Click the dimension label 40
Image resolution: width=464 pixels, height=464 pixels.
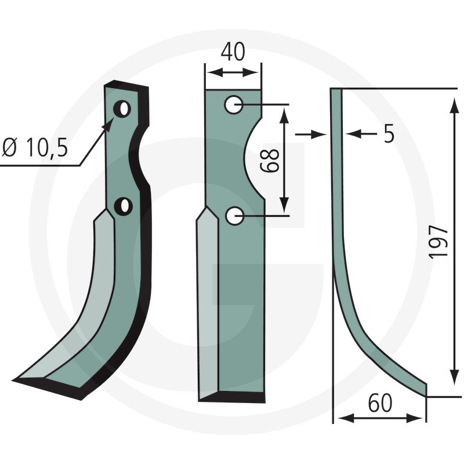coord(233,52)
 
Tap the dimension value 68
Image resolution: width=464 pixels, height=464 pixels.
coord(270,160)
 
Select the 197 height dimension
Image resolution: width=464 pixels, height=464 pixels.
coord(438,242)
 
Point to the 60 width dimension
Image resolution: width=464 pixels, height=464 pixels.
coord(380,403)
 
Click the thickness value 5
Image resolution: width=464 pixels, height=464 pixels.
coord(389,133)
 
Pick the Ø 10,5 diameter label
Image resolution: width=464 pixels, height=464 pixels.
coord(35,147)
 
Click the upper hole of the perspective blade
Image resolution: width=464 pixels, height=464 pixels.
coord(122,109)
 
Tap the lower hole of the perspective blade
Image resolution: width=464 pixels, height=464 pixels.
coord(124,206)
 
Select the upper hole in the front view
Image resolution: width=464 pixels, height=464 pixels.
coord(234,104)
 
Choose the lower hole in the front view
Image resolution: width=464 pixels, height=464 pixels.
coord(235,216)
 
